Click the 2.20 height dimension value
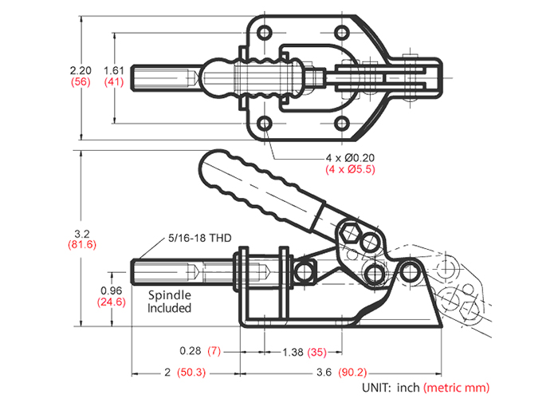(x=81, y=70)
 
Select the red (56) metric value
(x=81, y=82)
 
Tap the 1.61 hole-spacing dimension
(x=115, y=70)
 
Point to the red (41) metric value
(x=115, y=82)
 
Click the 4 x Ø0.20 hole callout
(x=350, y=157)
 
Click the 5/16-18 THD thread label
(x=200, y=237)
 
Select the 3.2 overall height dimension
(x=81, y=233)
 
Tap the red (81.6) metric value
(x=81, y=245)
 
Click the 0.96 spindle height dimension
(x=112, y=290)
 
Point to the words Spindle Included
(x=170, y=301)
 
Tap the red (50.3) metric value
(x=189, y=373)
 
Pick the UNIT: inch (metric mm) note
(x=426, y=387)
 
